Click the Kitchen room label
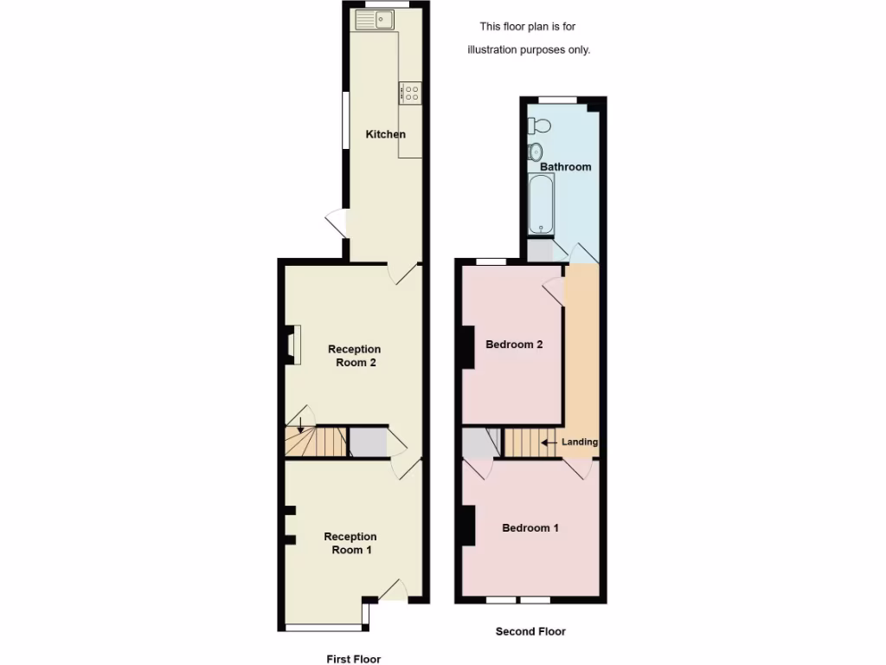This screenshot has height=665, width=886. coord(385,134)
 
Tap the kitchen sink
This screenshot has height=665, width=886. coord(379,19)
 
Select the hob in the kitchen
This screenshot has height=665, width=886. coord(410,93)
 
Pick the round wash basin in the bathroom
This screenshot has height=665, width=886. coord(536,152)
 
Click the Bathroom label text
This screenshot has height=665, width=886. coord(566,166)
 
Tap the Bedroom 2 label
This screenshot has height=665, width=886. coord(514,345)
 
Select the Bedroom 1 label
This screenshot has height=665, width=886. coord(530,528)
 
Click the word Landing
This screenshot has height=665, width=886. coord(580,442)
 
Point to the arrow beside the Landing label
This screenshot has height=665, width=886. coord(549,442)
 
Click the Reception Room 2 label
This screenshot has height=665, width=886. coord(355,356)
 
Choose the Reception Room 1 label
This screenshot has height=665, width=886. coord(350,543)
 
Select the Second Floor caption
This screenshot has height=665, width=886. coord(530,631)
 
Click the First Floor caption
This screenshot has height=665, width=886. coord(353,659)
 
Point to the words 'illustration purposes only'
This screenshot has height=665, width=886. coord(529,50)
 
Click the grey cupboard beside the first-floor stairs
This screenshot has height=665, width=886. coord(367,442)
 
